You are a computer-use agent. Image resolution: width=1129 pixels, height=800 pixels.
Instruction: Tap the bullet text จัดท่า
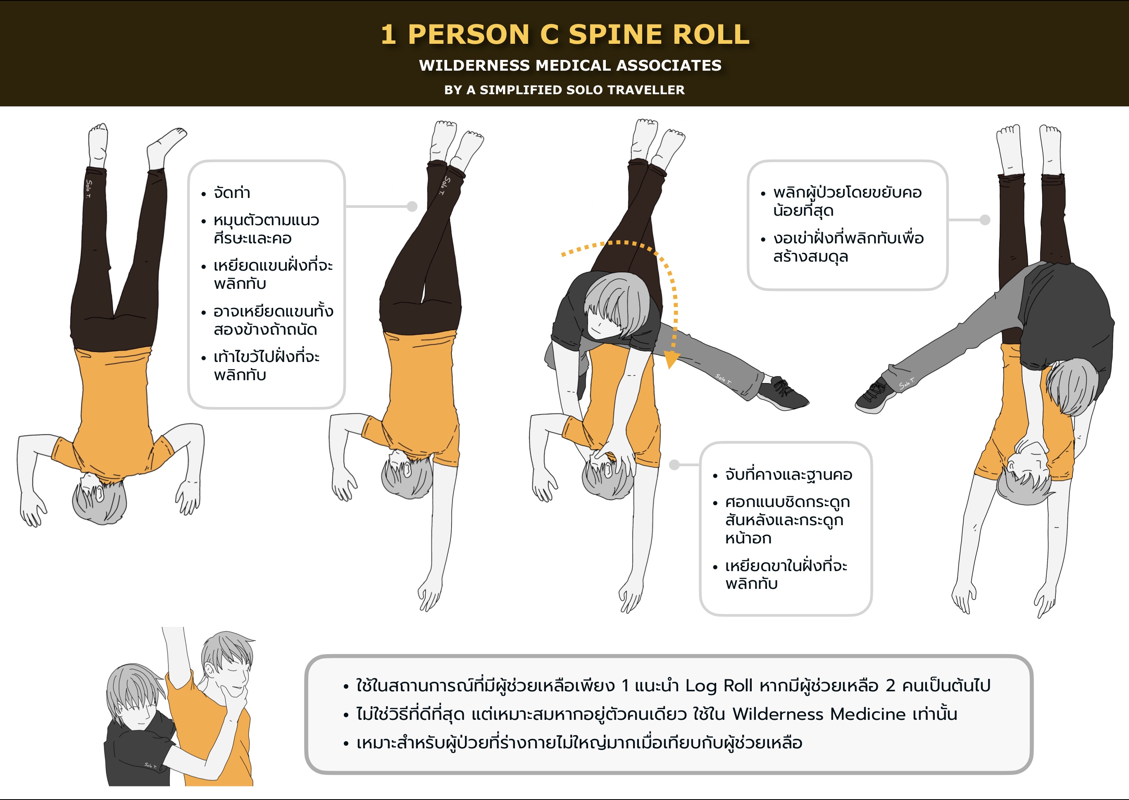(231, 192)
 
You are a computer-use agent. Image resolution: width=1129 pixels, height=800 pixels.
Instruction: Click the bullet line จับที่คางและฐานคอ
(788, 475)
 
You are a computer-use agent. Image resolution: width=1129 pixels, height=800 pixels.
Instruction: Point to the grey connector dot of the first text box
(412, 206)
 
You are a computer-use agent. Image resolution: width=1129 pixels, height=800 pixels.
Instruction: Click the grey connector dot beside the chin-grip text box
(675, 464)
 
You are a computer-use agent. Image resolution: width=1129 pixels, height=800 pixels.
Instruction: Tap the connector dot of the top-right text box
(985, 220)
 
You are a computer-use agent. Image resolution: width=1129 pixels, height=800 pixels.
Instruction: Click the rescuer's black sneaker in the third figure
(783, 393)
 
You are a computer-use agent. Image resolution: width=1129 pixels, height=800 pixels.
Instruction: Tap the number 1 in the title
(388, 34)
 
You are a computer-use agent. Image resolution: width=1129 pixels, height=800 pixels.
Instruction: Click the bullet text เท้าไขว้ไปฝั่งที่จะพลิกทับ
(267, 366)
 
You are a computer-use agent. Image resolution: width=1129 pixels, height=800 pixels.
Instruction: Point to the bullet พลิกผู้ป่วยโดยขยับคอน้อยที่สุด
(847, 201)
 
